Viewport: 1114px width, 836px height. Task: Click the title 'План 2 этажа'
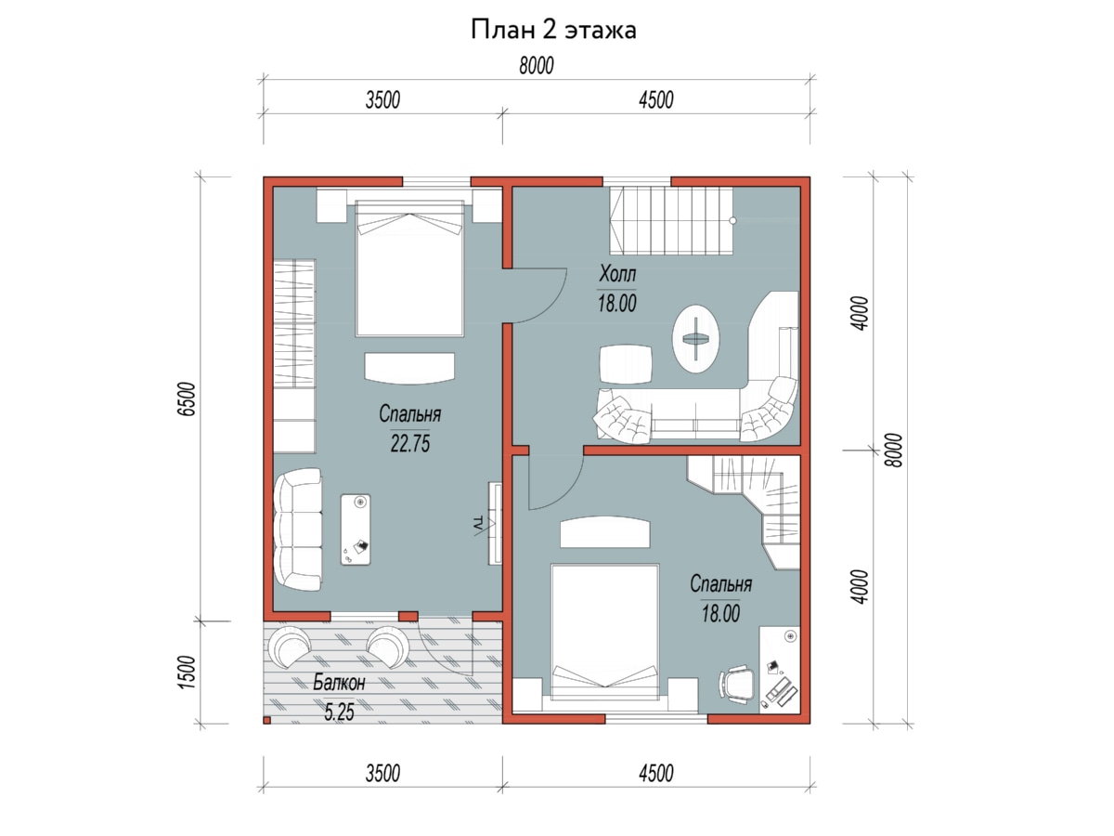(553, 30)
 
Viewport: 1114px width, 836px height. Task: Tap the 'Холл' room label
(617, 274)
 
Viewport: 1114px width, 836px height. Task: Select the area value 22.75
(410, 444)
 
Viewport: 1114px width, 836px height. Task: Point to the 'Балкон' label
(339, 683)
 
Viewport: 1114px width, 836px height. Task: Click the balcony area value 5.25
(339, 712)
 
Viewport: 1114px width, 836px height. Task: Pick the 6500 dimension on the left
(188, 399)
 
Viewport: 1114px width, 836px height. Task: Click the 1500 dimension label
(188, 672)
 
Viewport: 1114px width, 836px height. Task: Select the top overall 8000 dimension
(537, 66)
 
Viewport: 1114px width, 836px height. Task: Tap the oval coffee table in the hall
(696, 338)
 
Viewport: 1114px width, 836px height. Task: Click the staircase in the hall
(671, 221)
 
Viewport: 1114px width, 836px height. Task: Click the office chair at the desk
(737, 684)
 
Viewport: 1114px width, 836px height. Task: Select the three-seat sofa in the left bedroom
(298, 529)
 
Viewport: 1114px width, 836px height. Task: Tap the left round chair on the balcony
(290, 648)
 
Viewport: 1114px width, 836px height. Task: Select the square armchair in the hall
(626, 364)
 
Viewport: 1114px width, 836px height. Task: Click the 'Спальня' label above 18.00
(720, 584)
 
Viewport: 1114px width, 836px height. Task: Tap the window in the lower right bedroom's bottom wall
(656, 718)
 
